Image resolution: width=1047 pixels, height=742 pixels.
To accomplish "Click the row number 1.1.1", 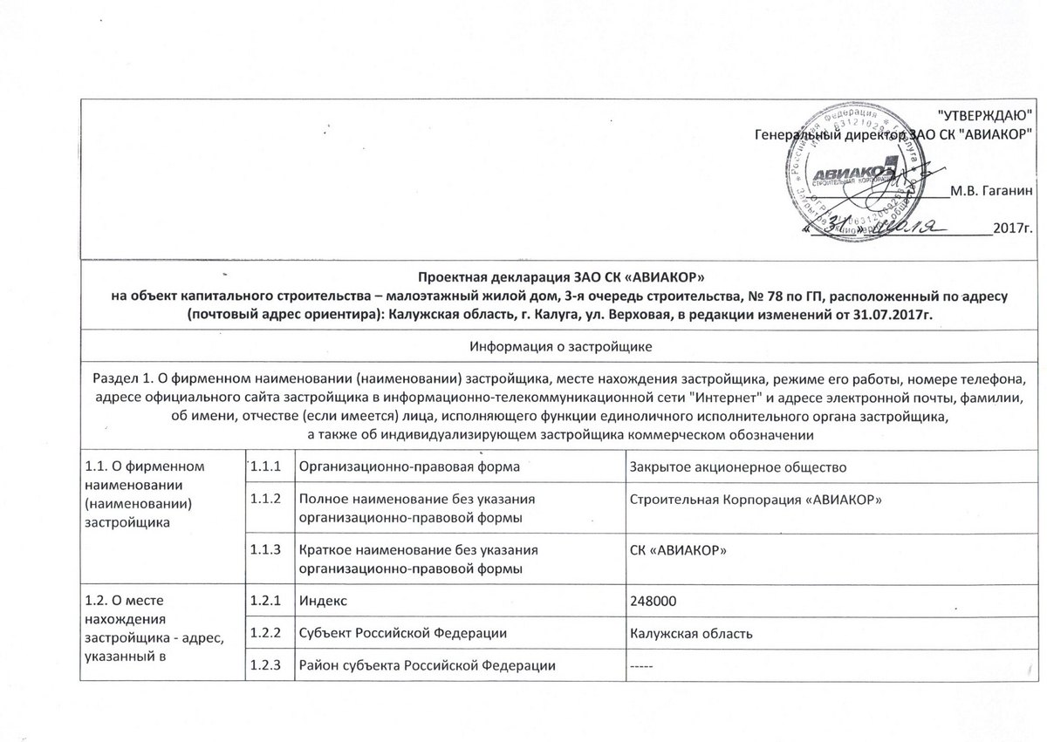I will click(x=265, y=466).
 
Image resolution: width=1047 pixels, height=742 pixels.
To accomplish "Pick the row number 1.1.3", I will click(x=265, y=550).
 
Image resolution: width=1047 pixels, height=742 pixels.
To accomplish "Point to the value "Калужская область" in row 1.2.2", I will click(x=691, y=633).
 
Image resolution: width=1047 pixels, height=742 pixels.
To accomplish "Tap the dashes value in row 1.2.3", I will click(x=642, y=666).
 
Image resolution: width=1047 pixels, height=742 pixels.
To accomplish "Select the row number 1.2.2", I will click(x=265, y=633).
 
